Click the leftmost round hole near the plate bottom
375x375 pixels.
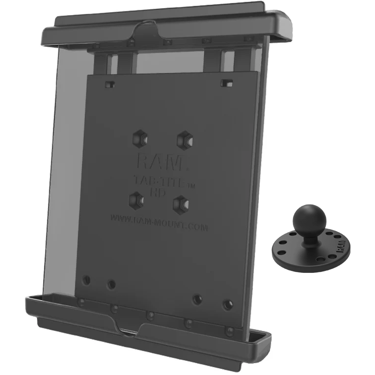[86, 280]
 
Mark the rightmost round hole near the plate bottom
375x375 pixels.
[227, 304]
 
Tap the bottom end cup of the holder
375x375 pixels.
[147, 330]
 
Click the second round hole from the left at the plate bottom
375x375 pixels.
[111, 284]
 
